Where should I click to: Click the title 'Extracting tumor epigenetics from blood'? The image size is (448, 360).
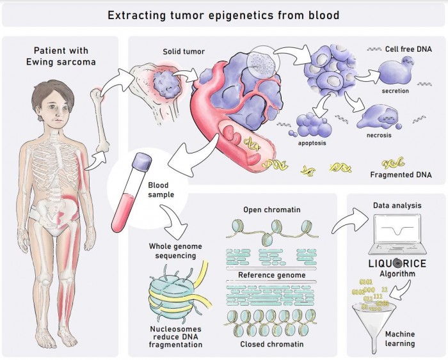pos(225,14)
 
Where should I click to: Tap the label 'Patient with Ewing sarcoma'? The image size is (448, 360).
pos(60,56)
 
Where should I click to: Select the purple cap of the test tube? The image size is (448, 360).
pos(141,160)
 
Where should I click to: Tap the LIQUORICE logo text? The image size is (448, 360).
pos(397,262)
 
